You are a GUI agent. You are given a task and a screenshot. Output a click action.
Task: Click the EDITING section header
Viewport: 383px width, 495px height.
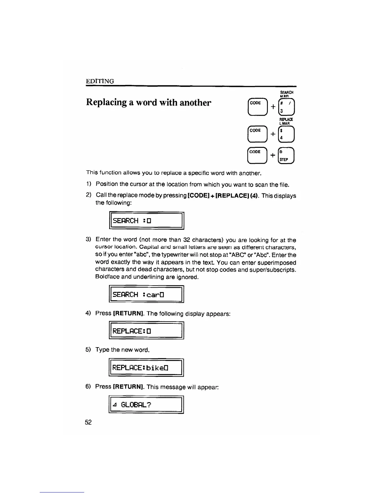tap(100, 81)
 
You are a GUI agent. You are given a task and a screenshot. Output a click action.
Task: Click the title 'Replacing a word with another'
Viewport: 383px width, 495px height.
tap(149, 102)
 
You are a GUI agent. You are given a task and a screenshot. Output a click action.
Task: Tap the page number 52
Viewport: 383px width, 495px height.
tap(88, 422)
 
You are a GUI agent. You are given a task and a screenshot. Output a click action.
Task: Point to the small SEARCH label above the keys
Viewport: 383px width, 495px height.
tap(287, 92)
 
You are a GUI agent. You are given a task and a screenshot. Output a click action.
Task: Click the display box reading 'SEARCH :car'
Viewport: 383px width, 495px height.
tap(146, 294)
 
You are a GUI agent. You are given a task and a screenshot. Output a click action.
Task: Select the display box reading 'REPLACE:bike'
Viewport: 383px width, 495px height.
tap(146, 367)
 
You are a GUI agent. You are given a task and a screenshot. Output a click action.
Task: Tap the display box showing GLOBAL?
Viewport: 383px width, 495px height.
tap(146, 405)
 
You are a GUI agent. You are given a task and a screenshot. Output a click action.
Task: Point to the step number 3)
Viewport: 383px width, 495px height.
tap(89, 239)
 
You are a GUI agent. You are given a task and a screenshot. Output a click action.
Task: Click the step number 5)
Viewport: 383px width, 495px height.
tap(88, 349)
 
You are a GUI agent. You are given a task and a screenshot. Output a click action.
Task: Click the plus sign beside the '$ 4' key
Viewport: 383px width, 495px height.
tap(273, 134)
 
